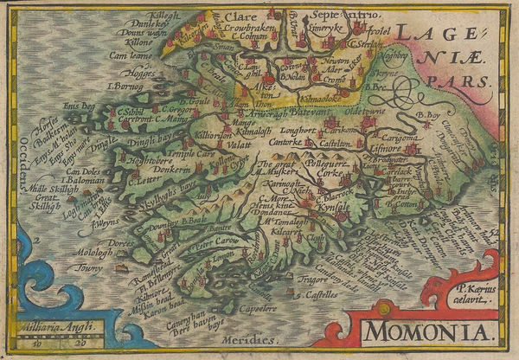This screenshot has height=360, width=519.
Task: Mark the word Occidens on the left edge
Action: [18, 157]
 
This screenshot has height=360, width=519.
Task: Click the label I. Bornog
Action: [124, 87]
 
